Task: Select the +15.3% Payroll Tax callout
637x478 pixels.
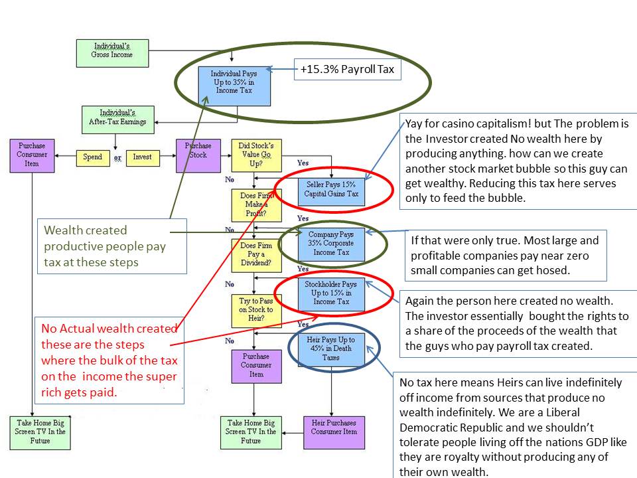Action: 348,70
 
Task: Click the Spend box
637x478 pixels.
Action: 92,157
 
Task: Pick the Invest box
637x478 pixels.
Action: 143,157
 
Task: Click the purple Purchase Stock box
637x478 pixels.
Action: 198,156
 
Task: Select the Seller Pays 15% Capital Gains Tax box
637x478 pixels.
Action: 331,189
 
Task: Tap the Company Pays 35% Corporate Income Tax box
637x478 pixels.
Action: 331,243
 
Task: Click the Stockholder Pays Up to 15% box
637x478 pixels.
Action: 331,293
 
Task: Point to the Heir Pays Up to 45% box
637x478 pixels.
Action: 331,349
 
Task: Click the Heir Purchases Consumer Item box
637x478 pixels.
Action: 334,432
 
